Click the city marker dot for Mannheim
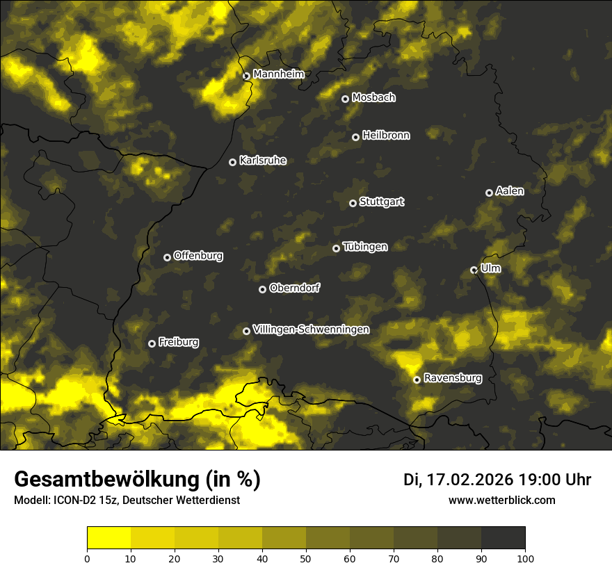[246, 76]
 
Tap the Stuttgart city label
[382, 202]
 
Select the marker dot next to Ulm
[474, 270]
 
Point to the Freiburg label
[179, 342]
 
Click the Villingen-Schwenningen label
[312, 330]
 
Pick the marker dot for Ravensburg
[417, 380]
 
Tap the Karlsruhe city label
[263, 161]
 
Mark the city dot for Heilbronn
[355, 137]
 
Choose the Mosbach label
[373, 98]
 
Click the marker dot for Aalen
[489, 193]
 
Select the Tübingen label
[365, 247]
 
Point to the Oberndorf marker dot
[262, 289]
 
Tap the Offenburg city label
[198, 256]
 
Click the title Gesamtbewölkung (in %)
[137, 479]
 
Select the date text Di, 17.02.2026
[458, 480]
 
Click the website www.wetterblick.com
[501, 500]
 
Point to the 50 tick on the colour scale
[306, 558]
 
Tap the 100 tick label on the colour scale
[525, 558]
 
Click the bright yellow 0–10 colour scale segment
[109, 538]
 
